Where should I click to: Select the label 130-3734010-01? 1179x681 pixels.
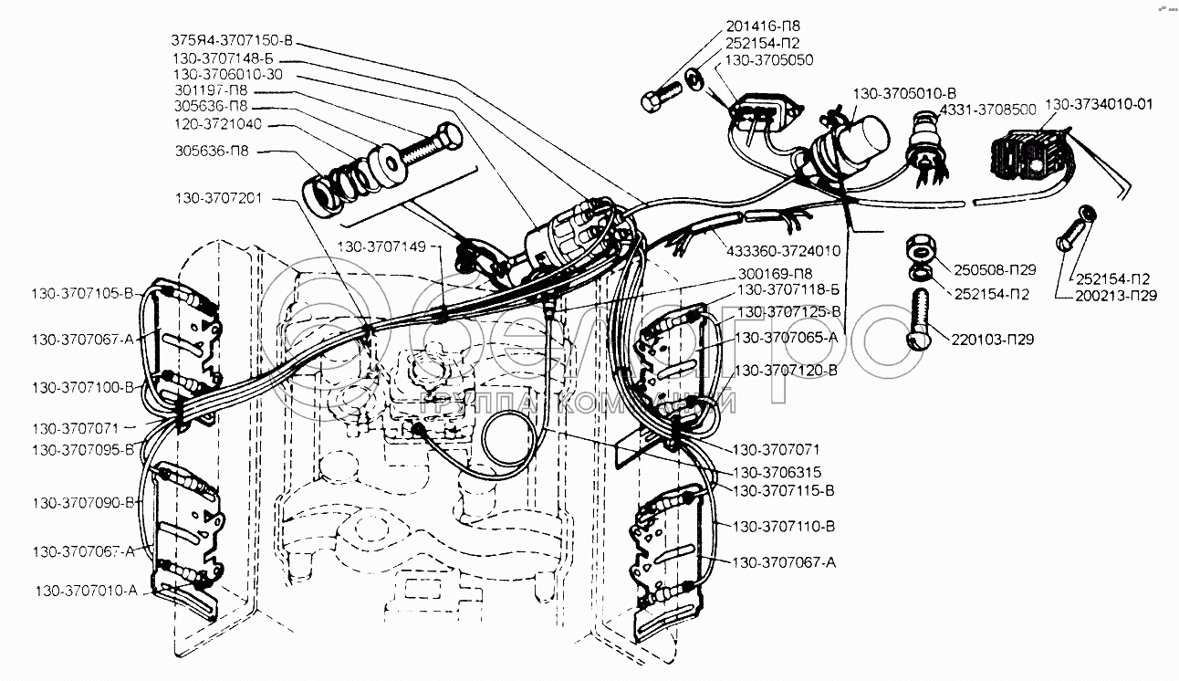[x=1099, y=104]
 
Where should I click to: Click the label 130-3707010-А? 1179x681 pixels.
[x=88, y=590]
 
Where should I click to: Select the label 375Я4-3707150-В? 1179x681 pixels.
[x=235, y=40]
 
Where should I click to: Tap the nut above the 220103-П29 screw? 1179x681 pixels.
[x=920, y=248]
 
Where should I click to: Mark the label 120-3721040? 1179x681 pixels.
[x=221, y=123]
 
